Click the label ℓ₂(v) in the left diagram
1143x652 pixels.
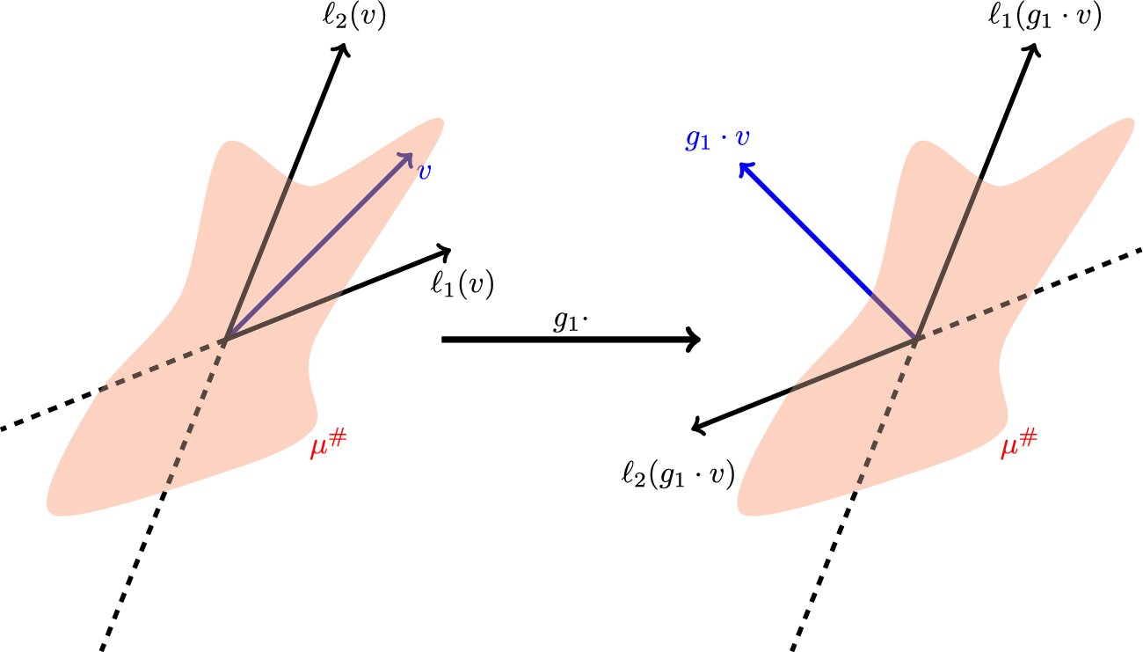click(353, 18)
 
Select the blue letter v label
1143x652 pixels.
click(424, 171)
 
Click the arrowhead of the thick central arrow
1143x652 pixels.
click(695, 339)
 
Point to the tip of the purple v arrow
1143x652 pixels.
click(410, 155)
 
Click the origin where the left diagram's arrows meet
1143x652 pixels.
click(226, 338)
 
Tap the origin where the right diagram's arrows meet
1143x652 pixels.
click(917, 338)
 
